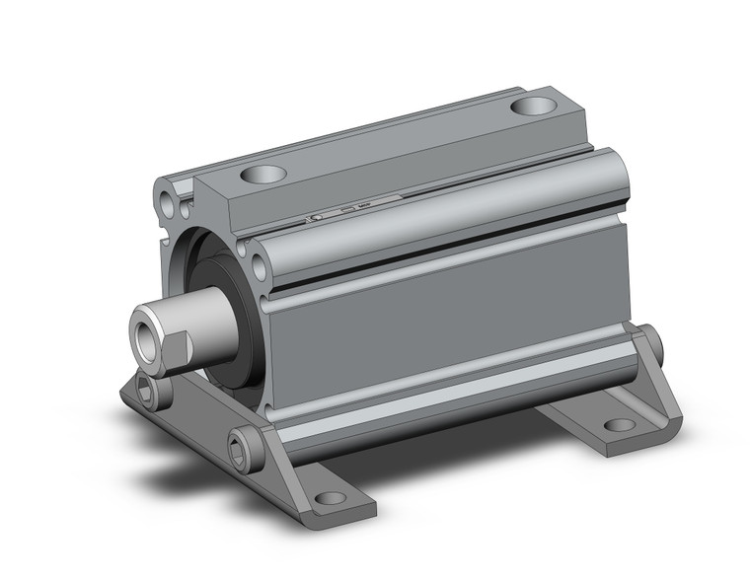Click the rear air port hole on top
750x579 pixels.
[534, 106]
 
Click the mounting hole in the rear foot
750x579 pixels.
[619, 425]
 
